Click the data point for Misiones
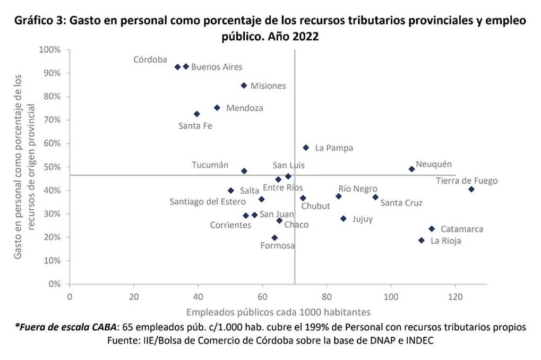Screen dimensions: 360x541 [x=244, y=85]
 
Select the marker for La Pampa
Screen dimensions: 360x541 [x=306, y=148]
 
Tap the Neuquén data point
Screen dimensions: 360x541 [x=411, y=169]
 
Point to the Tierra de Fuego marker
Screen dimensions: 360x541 [x=471, y=190]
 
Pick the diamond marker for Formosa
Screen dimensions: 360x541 [x=274, y=238]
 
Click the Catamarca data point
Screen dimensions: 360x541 [x=432, y=229]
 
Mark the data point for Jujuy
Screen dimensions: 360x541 [x=344, y=219]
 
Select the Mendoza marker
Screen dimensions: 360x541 [x=217, y=108]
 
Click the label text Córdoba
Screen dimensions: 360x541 [x=150, y=59]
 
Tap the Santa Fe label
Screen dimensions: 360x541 [x=195, y=126]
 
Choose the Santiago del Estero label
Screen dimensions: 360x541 [x=208, y=202]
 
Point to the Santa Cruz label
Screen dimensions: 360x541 [x=401, y=203]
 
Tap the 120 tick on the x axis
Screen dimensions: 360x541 [x=455, y=296]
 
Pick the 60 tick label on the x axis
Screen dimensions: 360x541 [x=262, y=296]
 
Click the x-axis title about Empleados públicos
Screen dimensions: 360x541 [x=278, y=312]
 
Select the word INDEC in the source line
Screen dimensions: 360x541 [x=419, y=340]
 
